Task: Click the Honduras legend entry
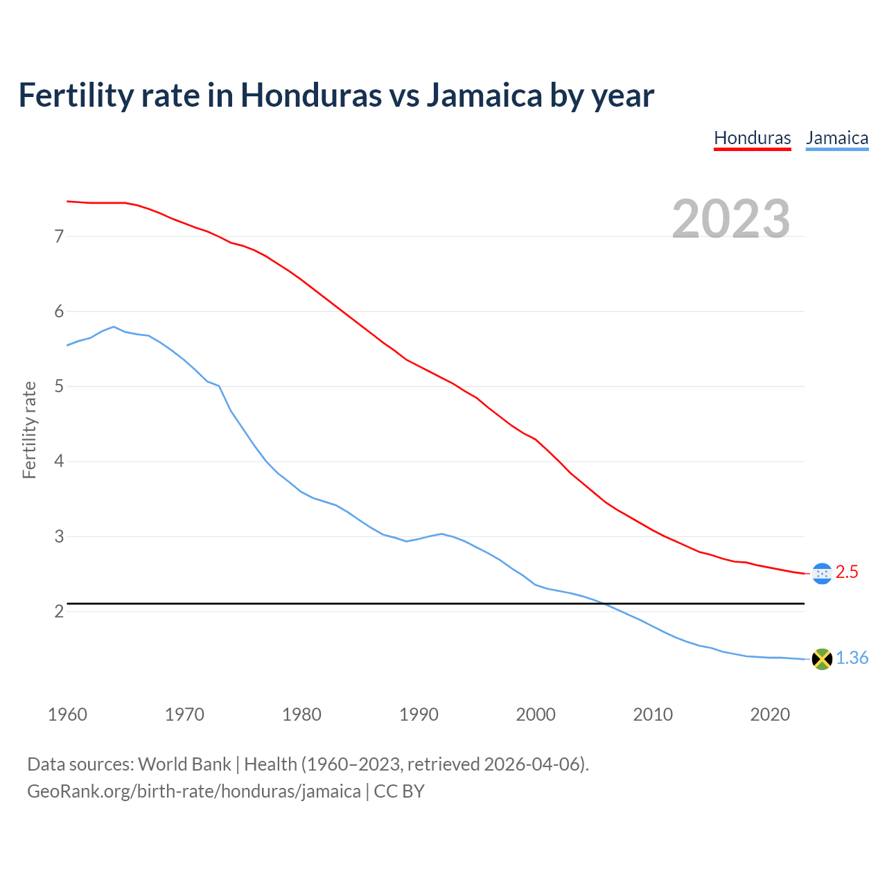(x=752, y=138)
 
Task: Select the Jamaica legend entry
(x=836, y=138)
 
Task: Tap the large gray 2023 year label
(x=730, y=219)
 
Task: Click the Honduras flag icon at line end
(x=821, y=573)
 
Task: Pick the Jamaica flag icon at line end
(x=821, y=659)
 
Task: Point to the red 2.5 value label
(x=847, y=572)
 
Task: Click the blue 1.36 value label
(x=852, y=658)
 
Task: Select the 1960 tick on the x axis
(x=67, y=714)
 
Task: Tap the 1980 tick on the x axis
(x=301, y=714)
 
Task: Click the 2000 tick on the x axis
(x=535, y=714)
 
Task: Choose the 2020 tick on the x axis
(x=769, y=714)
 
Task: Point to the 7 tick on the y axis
(x=59, y=236)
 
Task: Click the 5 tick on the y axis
(x=59, y=386)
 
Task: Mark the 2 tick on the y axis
(x=59, y=611)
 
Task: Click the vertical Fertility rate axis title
(x=29, y=430)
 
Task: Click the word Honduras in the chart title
(x=310, y=95)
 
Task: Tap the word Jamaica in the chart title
(x=484, y=95)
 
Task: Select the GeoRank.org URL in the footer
(x=194, y=791)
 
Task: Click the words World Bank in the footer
(x=184, y=764)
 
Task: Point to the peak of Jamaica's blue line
(x=114, y=326)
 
